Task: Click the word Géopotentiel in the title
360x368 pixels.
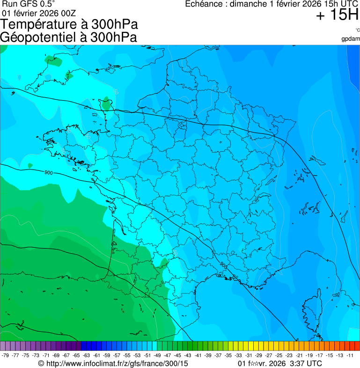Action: point(39,37)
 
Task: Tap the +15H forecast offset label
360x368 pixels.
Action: point(337,15)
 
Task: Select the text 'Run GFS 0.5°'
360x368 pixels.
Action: point(28,4)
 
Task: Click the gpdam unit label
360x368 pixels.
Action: point(351,38)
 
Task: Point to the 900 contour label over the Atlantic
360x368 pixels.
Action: point(49,173)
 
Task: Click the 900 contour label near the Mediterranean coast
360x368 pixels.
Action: point(222,265)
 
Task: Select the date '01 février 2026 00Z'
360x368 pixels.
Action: point(38,13)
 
